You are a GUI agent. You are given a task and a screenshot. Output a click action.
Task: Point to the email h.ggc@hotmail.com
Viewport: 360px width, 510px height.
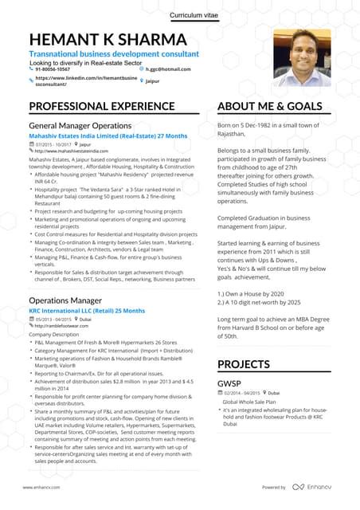170,69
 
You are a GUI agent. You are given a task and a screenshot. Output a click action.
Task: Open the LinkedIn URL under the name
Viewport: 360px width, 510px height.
73,82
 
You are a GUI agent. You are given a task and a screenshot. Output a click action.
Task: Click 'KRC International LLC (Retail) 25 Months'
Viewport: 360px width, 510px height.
88,309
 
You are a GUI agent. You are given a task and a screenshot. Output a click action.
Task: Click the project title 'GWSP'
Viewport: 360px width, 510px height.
230,382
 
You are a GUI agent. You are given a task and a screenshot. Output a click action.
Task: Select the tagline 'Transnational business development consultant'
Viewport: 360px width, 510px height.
114,53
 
